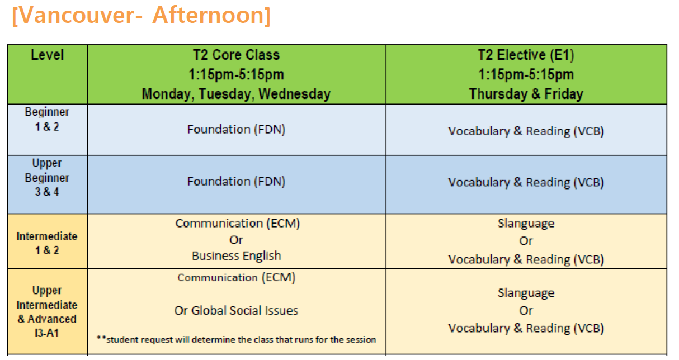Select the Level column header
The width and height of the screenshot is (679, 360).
tap(48, 55)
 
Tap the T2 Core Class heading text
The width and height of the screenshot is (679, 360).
tap(236, 55)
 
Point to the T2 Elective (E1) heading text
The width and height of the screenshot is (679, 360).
tap(526, 55)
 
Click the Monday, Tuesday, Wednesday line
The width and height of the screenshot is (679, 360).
tap(236, 94)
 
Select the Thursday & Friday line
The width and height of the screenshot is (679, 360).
tap(526, 94)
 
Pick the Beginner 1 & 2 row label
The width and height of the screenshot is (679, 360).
tap(47, 119)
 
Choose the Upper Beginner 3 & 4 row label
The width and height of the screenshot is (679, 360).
tap(47, 177)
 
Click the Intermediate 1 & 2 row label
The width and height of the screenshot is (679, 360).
tap(47, 243)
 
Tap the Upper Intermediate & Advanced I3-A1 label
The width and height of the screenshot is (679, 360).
tap(47, 311)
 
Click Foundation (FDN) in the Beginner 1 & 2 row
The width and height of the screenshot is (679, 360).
tap(237, 129)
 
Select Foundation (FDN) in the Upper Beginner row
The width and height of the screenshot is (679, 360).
tap(237, 182)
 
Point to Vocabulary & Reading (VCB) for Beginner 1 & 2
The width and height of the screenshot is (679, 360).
tap(526, 131)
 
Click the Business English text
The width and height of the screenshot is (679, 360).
tap(237, 256)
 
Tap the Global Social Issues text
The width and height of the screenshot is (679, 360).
tap(244, 311)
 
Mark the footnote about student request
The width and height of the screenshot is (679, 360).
tap(237, 339)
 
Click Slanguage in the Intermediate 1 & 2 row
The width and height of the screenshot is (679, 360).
tap(526, 224)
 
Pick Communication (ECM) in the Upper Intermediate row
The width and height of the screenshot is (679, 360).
tap(237, 278)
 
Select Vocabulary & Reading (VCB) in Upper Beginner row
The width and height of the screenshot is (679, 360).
tap(526, 182)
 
